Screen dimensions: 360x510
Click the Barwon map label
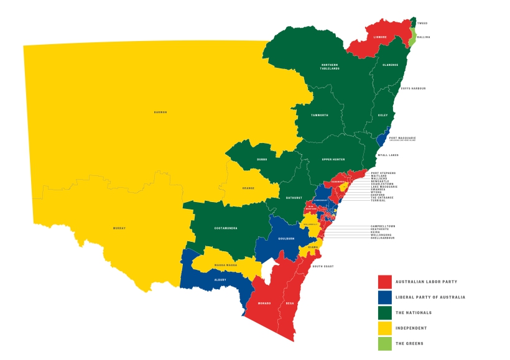(160, 112)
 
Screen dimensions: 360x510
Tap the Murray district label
(119, 228)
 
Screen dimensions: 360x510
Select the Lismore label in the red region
(380, 37)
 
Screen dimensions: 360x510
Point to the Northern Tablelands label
(330, 67)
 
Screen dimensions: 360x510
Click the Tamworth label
(319, 116)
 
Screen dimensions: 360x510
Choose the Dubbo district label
(262, 159)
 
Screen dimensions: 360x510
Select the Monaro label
(264, 303)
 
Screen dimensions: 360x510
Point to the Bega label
(289, 303)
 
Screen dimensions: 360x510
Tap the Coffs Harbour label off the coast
(414, 88)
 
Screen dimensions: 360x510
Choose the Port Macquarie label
(402, 138)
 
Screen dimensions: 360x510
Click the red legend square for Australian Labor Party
(385, 282)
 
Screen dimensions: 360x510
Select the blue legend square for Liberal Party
(385, 297)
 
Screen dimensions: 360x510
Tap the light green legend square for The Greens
(385, 343)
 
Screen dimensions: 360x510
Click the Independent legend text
(411, 328)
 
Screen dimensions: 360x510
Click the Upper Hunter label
(333, 159)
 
